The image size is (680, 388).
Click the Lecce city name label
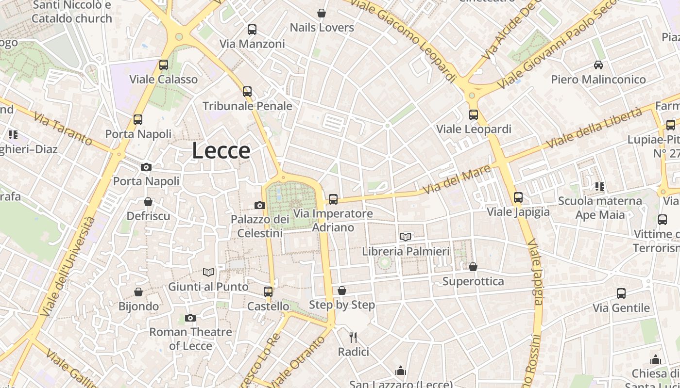[x=221, y=151]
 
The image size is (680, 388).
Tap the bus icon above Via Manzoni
[x=252, y=30]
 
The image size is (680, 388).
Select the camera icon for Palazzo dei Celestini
[x=260, y=205]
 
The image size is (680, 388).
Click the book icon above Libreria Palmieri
[x=406, y=237]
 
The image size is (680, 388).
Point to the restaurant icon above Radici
[x=353, y=337]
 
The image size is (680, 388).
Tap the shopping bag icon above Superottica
[x=473, y=267]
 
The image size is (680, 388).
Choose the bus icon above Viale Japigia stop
[x=518, y=197]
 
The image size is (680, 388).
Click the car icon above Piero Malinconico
[x=598, y=65]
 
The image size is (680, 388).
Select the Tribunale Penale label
[x=247, y=106]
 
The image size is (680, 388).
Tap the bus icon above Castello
[x=268, y=292]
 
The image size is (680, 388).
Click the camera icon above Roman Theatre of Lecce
[x=190, y=318]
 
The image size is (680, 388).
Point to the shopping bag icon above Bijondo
[x=138, y=292]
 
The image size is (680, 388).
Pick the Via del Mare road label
[x=449, y=179]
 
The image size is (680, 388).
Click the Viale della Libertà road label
[x=594, y=129]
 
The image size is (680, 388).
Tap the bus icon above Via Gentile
[x=621, y=293]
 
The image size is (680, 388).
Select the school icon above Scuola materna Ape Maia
[x=600, y=186]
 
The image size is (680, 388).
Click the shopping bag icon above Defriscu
[x=148, y=202]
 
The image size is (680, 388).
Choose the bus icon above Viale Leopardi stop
[x=474, y=115]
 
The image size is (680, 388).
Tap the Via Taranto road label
[x=63, y=129]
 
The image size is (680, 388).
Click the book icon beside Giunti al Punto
[x=208, y=273]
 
